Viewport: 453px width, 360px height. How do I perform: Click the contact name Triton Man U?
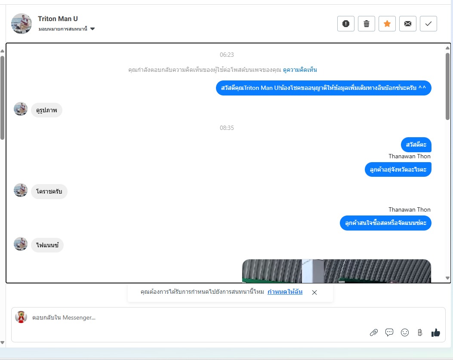coord(58,18)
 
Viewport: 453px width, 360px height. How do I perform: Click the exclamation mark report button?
coord(346,24)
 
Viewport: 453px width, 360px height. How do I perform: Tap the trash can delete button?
coord(367,24)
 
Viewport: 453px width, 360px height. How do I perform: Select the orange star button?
coord(387,24)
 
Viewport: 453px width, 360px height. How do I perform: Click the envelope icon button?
coord(408,24)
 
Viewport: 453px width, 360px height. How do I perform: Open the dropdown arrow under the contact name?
coord(92,29)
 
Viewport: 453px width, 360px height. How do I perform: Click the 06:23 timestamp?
coord(227,55)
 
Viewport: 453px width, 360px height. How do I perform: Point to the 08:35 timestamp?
coord(227,128)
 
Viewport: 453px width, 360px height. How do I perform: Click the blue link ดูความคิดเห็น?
coord(300,70)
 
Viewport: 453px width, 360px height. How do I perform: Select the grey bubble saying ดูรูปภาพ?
coord(46,110)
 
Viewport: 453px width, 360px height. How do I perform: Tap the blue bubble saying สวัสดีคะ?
coord(416,145)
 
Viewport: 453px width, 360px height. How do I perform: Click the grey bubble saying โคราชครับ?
coord(49,191)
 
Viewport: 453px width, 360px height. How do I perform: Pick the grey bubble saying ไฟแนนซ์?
coord(47,245)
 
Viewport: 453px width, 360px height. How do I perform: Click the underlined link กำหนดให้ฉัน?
coord(285,292)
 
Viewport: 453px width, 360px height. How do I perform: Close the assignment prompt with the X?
coord(314,292)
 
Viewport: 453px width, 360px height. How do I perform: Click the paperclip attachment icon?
coord(374,332)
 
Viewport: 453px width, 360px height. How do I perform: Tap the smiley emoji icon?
coord(405,332)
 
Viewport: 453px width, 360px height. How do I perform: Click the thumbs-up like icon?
coord(436,332)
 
